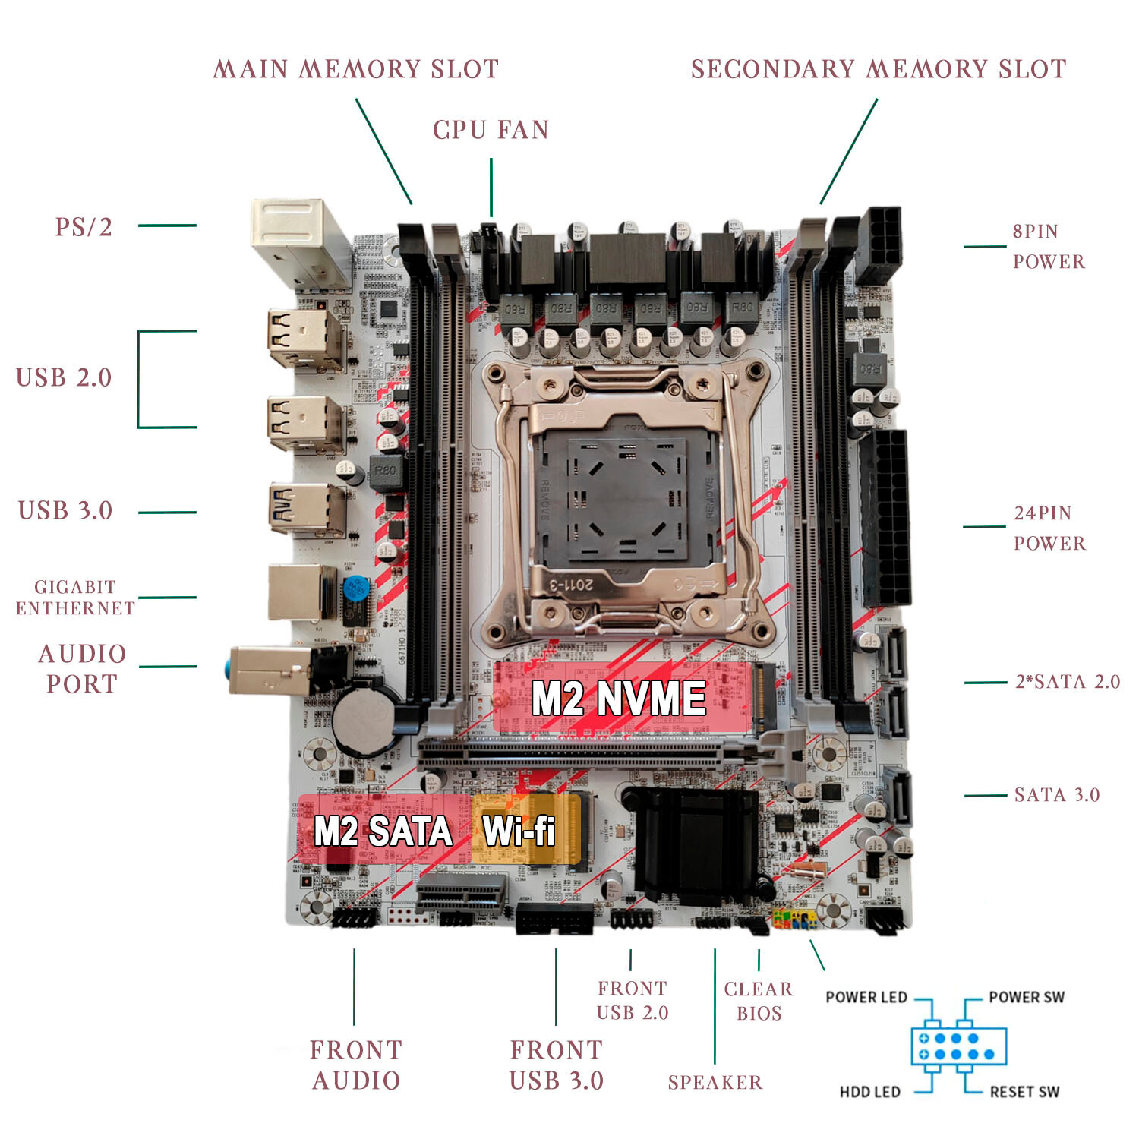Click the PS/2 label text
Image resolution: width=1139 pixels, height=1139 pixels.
point(83,226)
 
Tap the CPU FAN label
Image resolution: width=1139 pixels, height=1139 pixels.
point(491,130)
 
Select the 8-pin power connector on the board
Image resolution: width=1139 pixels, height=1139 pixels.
point(879,245)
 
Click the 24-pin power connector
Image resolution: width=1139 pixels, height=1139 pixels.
point(885,518)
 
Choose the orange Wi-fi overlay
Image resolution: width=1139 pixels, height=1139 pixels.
point(525,829)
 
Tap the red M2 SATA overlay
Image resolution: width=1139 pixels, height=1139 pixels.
point(383,829)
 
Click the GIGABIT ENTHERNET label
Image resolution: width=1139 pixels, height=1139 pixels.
point(75,597)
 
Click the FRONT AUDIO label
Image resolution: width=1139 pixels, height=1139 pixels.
point(355,1065)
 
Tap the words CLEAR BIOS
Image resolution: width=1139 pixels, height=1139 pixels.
point(759,1001)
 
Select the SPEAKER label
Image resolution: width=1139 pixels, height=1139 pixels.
point(715,1082)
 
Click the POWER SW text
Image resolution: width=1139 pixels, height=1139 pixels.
point(1027,997)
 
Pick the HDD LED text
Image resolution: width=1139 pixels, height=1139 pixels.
point(869,1092)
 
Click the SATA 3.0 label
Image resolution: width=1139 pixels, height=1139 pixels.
point(1056,795)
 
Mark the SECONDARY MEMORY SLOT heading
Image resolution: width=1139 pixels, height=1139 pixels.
point(879,69)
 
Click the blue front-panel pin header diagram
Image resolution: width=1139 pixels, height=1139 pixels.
point(958,1046)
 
